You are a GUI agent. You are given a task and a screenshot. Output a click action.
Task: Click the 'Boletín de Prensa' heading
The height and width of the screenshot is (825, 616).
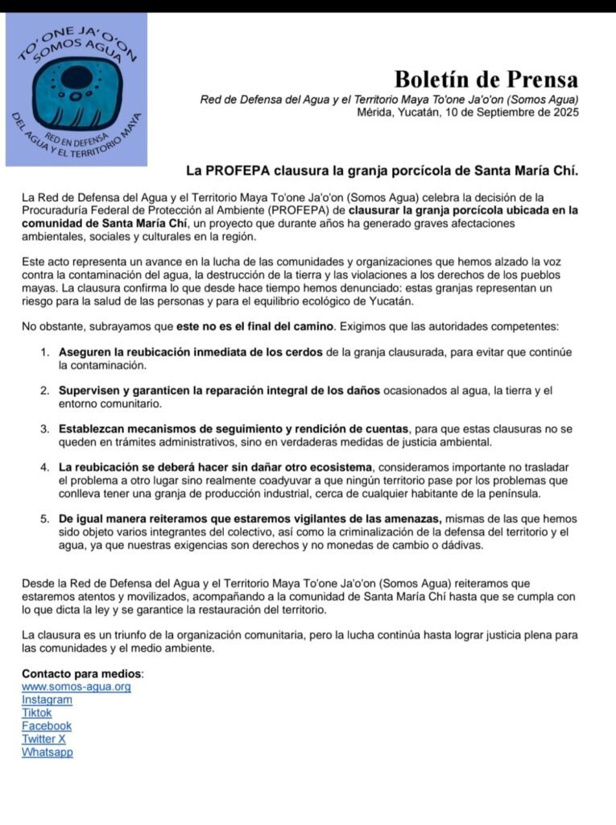click(x=486, y=79)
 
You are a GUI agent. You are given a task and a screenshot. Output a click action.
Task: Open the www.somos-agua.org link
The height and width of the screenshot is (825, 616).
click(x=76, y=686)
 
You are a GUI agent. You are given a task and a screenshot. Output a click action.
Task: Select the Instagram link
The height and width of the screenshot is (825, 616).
click(x=47, y=699)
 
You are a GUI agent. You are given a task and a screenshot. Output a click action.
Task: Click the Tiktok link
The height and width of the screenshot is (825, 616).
click(x=36, y=712)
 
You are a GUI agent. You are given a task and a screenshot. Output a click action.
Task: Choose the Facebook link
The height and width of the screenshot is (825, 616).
click(x=47, y=726)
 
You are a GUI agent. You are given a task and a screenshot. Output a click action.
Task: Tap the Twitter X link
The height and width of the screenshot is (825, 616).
click(x=43, y=739)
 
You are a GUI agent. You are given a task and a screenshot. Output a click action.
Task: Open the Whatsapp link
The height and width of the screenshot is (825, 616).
click(x=47, y=752)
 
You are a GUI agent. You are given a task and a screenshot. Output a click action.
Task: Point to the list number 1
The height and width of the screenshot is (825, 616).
click(x=45, y=352)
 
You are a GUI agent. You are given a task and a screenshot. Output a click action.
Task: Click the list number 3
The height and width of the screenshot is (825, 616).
click(x=45, y=429)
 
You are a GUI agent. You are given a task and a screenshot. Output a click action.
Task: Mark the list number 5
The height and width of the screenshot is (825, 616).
click(x=45, y=518)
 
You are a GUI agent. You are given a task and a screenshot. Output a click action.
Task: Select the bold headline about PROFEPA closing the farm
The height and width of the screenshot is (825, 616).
click(x=382, y=171)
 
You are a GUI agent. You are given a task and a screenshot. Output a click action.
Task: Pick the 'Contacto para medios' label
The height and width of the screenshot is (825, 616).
click(x=81, y=673)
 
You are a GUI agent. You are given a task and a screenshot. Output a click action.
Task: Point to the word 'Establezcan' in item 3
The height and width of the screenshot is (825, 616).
click(x=91, y=429)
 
